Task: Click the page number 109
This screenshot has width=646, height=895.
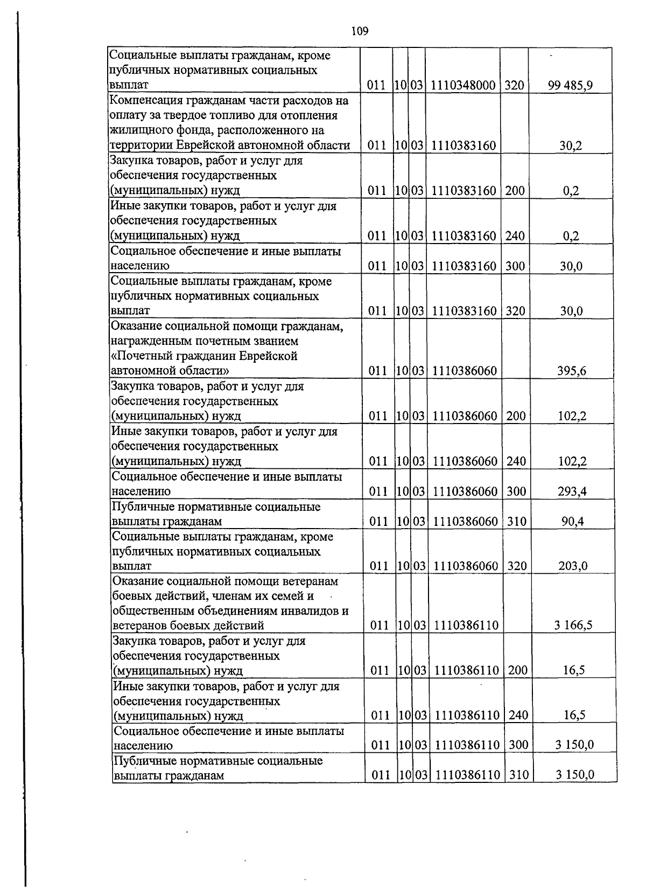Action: pos(360,31)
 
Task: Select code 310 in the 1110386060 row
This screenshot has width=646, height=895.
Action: pos(516,521)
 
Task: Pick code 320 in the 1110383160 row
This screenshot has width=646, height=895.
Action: pos(515,311)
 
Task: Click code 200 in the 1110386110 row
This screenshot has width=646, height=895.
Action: pos(518,670)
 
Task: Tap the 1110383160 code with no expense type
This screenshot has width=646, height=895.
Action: pos(464,145)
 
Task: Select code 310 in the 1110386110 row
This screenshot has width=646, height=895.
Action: pos(518,775)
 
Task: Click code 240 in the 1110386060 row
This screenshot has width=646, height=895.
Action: pos(516,461)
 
